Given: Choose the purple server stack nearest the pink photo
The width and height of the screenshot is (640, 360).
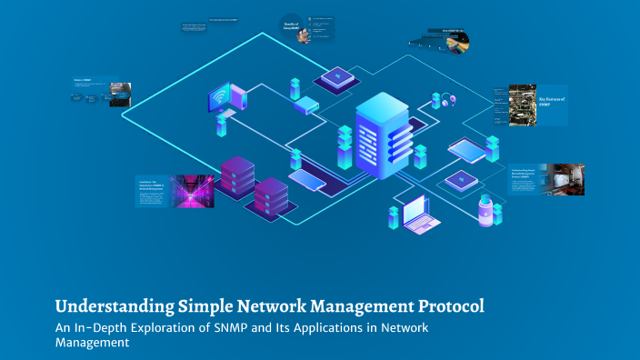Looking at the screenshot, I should click(235, 175).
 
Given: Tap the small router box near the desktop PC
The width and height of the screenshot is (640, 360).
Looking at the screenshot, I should click(306, 105).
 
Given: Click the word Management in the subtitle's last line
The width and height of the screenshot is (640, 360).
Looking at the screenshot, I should click(92, 343).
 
